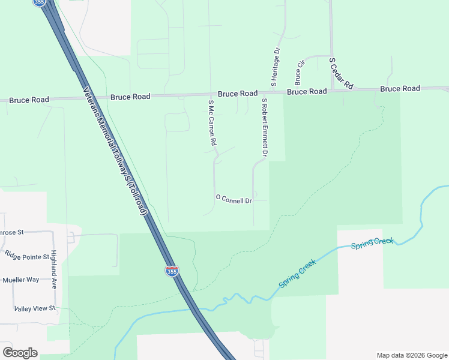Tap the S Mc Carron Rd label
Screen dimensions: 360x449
212,124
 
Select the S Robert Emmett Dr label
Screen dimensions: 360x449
264,128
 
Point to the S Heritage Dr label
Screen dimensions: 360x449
277,65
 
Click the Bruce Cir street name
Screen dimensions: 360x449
298,72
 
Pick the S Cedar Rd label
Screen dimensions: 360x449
341,74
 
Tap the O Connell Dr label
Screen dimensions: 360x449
234,199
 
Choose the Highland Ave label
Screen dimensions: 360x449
53,269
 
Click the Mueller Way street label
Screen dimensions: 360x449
20,280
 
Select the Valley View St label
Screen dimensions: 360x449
35,308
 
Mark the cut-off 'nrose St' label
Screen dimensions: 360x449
11,232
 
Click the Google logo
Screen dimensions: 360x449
20,353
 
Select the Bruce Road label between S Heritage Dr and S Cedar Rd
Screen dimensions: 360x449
307,92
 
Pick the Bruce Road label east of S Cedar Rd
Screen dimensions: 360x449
400,89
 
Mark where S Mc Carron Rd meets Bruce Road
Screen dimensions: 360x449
209,95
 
